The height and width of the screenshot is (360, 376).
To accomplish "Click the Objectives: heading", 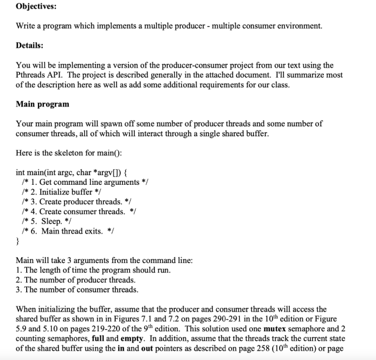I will pyautogui.click(x=36, y=7).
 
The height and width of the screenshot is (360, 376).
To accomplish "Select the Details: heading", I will pyautogui.click(x=30, y=45).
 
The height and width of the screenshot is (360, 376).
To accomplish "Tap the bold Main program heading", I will pyautogui.click(x=42, y=103).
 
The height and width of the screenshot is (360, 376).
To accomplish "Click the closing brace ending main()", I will pyautogui.click(x=18, y=241).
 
